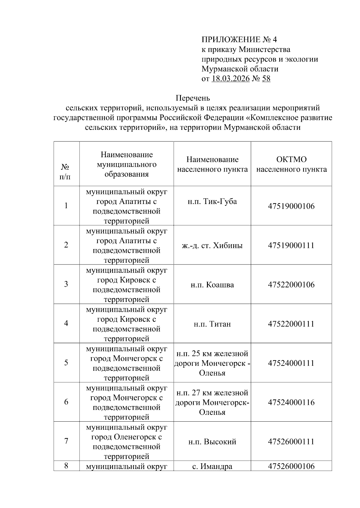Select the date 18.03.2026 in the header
pyautogui.click(x=230, y=79)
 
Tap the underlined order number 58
pyautogui.click(x=266, y=79)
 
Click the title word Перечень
pyautogui.click(x=193, y=98)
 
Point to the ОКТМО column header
pyautogui.click(x=291, y=164)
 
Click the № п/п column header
pyautogui.click(x=66, y=172)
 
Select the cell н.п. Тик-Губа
pyautogui.click(x=212, y=201)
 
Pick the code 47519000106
pyautogui.click(x=291, y=206)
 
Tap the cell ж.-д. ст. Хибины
pyautogui.click(x=212, y=246)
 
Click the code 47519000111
pyautogui.click(x=291, y=245)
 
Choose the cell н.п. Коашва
pyautogui.click(x=212, y=285)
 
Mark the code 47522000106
pyautogui.click(x=291, y=285)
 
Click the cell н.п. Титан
pyautogui.click(x=212, y=324)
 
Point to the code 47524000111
pyautogui.click(x=291, y=363)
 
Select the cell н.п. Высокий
pyautogui.click(x=212, y=441)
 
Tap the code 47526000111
pyautogui.click(x=291, y=441)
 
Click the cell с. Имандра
pyautogui.click(x=212, y=466)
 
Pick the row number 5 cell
pyautogui.click(x=66, y=363)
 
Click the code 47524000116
pyautogui.click(x=291, y=402)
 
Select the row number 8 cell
pyautogui.click(x=66, y=466)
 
